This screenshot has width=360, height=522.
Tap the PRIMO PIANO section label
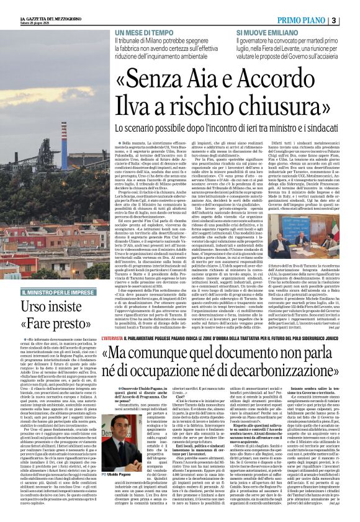click(x=304, y=20)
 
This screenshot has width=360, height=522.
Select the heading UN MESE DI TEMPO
click(x=142, y=32)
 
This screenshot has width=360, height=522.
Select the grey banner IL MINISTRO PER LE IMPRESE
click(x=59, y=292)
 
